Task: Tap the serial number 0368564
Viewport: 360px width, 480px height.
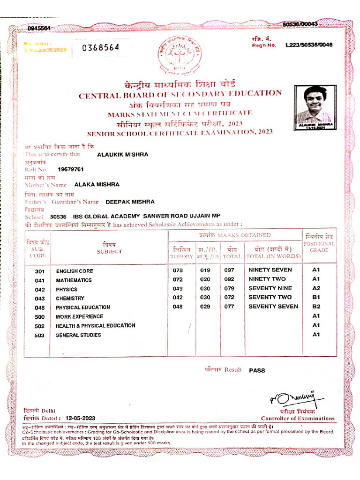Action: (101, 47)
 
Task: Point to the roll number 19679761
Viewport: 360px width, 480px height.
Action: (71, 169)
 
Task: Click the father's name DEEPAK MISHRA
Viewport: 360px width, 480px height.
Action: (130, 202)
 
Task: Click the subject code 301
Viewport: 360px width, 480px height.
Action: (39, 271)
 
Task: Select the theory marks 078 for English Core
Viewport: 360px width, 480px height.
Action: (178, 270)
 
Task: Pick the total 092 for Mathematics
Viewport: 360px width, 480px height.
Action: (229, 279)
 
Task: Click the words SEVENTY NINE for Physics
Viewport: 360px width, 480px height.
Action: (270, 288)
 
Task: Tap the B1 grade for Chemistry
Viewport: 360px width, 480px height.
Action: (316, 297)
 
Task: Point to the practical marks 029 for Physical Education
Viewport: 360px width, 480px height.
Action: (205, 307)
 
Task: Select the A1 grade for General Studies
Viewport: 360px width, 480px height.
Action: (316, 334)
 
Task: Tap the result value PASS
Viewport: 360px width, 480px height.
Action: (257, 370)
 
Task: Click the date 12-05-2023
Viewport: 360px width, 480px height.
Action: (81, 418)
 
